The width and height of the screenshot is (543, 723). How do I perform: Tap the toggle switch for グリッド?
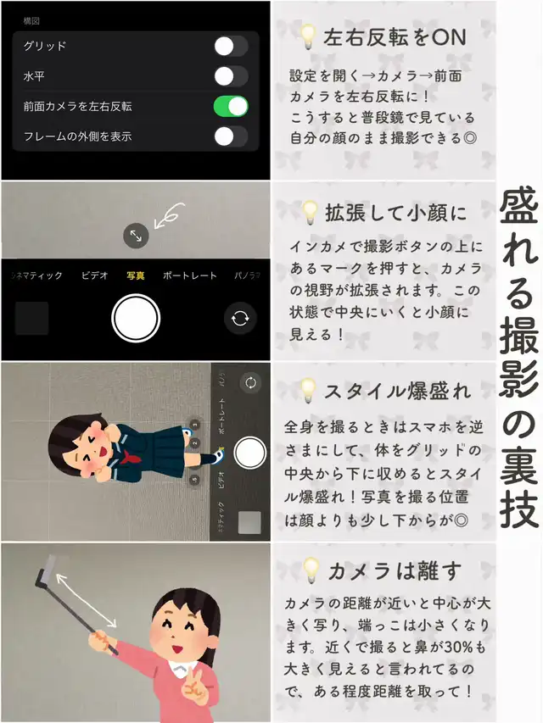231,46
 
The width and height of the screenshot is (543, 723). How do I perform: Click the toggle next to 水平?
231,76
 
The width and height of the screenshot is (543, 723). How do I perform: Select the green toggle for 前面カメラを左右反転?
231,107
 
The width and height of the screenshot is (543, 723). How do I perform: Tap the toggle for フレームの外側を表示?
231,136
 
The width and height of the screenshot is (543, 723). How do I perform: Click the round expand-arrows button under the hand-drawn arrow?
136,236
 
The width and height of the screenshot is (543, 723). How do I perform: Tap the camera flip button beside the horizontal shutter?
239,318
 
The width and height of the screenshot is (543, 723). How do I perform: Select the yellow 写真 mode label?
135,275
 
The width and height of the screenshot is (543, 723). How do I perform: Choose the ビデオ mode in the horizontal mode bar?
95,275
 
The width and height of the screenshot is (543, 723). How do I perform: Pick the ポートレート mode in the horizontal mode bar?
190,275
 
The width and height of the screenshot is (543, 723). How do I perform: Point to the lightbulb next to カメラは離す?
311,570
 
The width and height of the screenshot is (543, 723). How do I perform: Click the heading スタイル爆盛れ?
397,392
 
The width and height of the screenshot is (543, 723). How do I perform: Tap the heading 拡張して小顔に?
396,213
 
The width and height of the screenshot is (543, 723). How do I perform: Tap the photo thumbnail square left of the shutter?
32,318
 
